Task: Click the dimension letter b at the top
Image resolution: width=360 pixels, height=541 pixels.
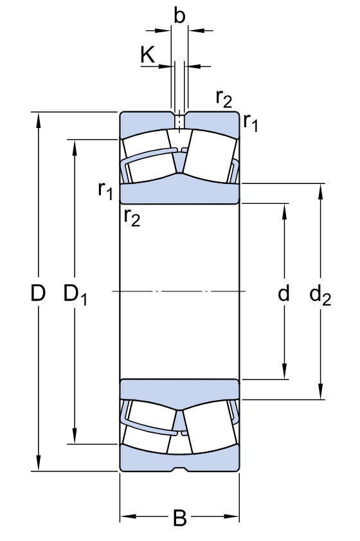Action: click(x=179, y=16)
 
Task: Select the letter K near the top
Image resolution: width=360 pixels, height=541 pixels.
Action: click(x=147, y=55)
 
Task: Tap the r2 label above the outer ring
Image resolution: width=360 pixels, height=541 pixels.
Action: click(x=224, y=98)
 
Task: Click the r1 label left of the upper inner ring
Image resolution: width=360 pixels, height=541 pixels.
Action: click(x=105, y=190)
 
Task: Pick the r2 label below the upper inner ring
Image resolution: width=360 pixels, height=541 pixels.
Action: click(x=131, y=218)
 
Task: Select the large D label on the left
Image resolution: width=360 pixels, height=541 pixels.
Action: click(x=39, y=293)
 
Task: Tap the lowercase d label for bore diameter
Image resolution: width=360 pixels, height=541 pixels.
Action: click(x=283, y=293)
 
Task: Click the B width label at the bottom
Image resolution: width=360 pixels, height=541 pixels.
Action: click(x=180, y=517)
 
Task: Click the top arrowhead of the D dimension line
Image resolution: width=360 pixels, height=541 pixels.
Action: click(x=39, y=118)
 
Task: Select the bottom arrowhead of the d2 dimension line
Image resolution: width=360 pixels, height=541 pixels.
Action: click(x=320, y=394)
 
